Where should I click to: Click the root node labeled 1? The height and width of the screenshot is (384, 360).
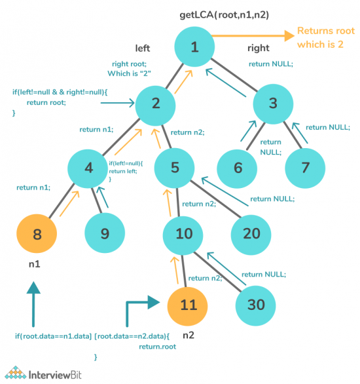[x=194, y=47]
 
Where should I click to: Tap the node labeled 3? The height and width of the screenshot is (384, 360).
[x=273, y=104]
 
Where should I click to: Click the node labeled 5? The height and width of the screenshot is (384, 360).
[x=175, y=168]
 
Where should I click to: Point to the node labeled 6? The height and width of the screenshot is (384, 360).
[x=236, y=168]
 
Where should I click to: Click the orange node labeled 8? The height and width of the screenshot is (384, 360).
[x=37, y=233]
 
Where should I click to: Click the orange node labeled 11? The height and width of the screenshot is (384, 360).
[x=188, y=305]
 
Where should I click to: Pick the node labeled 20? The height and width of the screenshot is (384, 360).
[x=252, y=234]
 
